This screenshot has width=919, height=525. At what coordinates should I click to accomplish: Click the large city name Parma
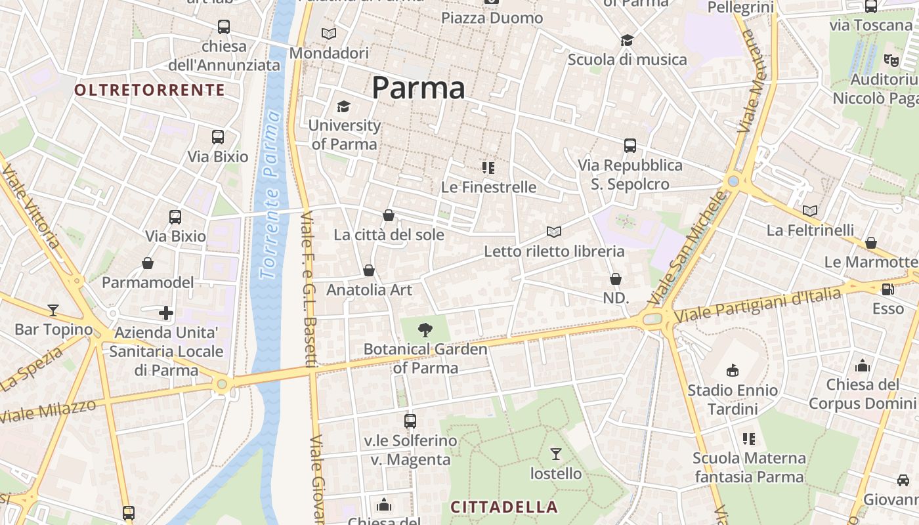(x=419, y=88)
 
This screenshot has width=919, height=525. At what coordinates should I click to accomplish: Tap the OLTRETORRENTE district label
(x=150, y=90)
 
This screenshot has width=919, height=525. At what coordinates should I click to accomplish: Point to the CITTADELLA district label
(x=504, y=507)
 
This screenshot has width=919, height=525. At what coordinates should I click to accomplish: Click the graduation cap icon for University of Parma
(x=343, y=106)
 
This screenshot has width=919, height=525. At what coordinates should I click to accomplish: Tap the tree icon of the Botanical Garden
(x=425, y=329)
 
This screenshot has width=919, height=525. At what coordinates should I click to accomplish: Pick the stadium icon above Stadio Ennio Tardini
(x=733, y=371)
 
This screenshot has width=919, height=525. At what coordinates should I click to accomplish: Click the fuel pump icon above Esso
(x=887, y=289)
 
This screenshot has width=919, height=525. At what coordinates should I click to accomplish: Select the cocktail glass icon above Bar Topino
(x=53, y=310)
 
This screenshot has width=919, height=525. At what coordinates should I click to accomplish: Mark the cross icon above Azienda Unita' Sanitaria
(x=166, y=313)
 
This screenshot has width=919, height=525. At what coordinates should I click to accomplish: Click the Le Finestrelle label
(x=489, y=187)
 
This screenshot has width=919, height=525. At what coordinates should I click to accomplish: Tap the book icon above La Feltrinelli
(x=811, y=211)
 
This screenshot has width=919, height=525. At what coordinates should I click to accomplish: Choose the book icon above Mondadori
(x=329, y=33)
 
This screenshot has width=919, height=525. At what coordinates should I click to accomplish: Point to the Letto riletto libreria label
(x=554, y=251)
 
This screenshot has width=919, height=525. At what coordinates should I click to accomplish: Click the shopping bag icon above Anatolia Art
(x=369, y=270)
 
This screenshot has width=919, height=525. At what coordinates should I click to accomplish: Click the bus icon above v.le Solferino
(x=410, y=421)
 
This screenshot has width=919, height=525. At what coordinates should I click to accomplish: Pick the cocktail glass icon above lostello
(x=556, y=453)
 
